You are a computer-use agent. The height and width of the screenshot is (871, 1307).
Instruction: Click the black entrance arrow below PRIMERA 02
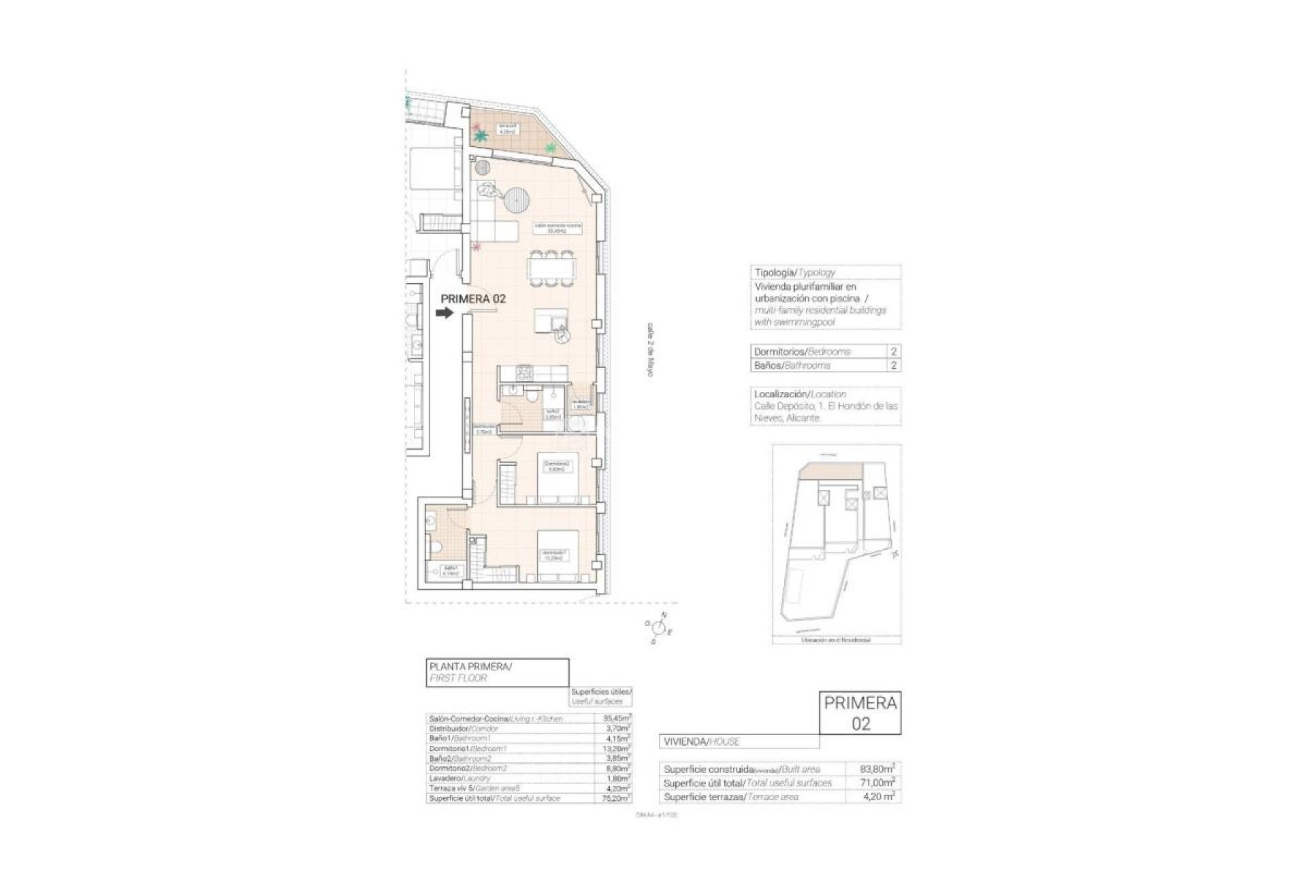coord(445,313)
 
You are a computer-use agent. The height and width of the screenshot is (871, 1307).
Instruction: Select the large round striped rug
coord(517,200)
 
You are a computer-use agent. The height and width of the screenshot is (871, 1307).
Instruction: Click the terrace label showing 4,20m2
coord(507,129)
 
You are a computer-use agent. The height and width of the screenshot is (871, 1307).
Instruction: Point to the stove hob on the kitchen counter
coord(526,373)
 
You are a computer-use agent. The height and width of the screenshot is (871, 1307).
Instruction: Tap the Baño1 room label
coord(450,570)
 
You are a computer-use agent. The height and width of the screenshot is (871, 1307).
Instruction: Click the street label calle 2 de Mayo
coord(650,350)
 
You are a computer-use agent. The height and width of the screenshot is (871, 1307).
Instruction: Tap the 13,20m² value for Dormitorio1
coord(617,749)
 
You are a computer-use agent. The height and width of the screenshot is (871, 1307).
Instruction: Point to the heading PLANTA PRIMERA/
coord(470,667)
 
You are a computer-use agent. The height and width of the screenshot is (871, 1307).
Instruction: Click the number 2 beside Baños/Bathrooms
coord(893,365)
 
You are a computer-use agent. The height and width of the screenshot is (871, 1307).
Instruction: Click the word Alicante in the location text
coord(803,418)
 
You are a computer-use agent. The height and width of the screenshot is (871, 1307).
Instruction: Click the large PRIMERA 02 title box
coord(860,712)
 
